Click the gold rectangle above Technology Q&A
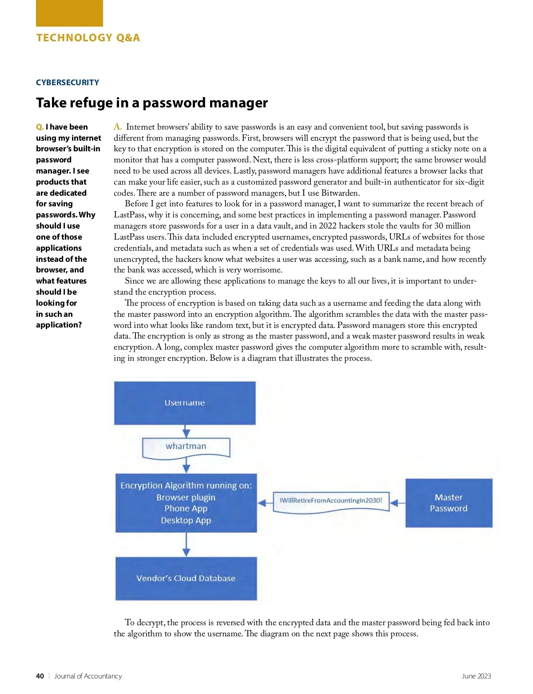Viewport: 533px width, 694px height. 69,13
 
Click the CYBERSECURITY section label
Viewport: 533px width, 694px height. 68,83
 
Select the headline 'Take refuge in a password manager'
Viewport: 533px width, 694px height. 152,103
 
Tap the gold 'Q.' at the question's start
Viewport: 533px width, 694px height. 40,127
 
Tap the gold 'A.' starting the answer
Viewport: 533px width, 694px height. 118,127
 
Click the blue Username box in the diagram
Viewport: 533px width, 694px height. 185,403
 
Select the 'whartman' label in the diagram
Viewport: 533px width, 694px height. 186,446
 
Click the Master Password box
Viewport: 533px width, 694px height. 449,503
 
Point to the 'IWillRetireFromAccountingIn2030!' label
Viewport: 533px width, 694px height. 331,501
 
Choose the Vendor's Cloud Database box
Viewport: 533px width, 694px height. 186,578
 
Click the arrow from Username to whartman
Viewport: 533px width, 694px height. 187,431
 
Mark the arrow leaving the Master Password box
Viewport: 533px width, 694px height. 398,503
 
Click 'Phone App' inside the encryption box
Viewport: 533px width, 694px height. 186,509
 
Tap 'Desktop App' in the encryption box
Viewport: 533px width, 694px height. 186,520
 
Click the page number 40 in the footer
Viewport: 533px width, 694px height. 40,676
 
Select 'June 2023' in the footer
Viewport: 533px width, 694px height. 476,676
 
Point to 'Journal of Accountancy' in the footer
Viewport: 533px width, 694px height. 88,676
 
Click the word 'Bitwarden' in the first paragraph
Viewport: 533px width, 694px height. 340,193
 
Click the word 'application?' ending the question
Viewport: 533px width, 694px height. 59,325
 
